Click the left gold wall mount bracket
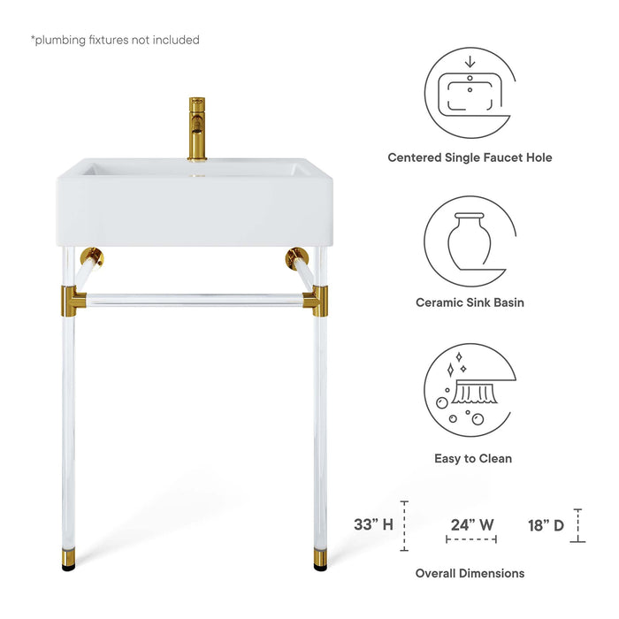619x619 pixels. coord(91,258)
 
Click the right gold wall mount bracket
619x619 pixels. coord(296,258)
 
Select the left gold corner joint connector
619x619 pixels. coord(73,299)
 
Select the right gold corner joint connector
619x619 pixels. coord(316,299)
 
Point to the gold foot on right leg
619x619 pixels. coord(319,559)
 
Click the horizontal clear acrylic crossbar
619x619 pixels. coord(195,300)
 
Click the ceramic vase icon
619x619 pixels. coord(470,240)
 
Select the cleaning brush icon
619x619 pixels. coord(470,389)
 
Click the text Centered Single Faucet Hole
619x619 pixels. coord(470,157)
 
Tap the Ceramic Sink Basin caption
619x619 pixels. coord(470,302)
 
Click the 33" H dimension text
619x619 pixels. coord(373,524)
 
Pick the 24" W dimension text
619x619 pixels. coord(470,523)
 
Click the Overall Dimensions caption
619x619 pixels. coord(470,573)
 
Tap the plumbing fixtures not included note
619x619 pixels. coord(115,40)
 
